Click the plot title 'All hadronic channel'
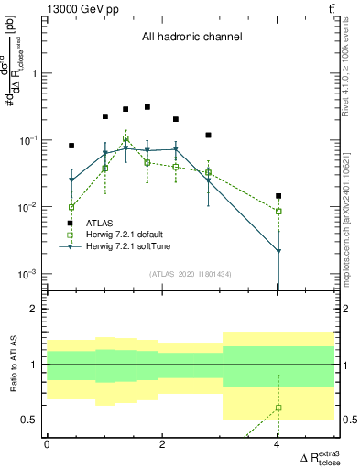[191, 38]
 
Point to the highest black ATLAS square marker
[147, 107]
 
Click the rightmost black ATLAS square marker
[278, 196]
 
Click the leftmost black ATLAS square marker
[71, 146]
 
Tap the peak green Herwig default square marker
[125, 139]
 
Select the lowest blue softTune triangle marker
[278, 251]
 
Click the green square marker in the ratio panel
[278, 408]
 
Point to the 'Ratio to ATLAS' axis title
[12, 365]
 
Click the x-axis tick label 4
[278, 444]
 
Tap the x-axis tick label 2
[162, 444]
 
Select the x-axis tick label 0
[47, 444]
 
